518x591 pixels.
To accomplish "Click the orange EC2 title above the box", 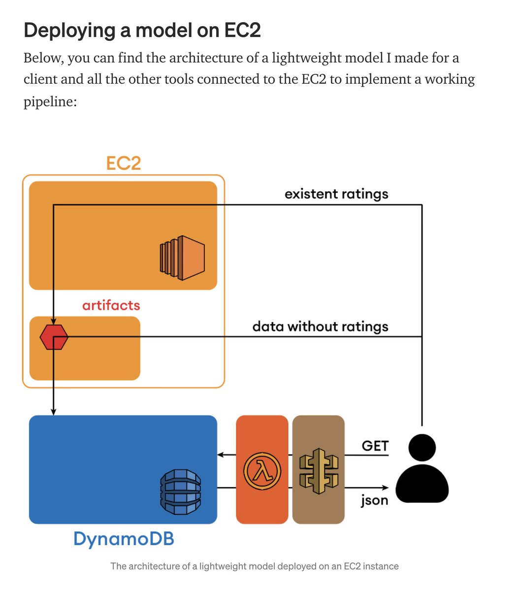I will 124,163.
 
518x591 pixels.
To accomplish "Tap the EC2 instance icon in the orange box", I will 182,258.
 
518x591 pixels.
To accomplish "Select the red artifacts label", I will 111,305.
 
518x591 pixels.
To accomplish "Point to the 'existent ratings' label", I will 336,194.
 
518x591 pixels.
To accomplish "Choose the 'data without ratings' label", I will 320,327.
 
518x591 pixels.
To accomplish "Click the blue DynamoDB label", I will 124,539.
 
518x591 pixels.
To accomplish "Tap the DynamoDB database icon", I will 181,488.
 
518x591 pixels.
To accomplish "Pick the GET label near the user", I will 375,446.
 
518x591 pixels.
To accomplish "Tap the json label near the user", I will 374,500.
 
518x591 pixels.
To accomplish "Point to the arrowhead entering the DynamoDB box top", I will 54,412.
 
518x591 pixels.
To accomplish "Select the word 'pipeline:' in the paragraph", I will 50,102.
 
